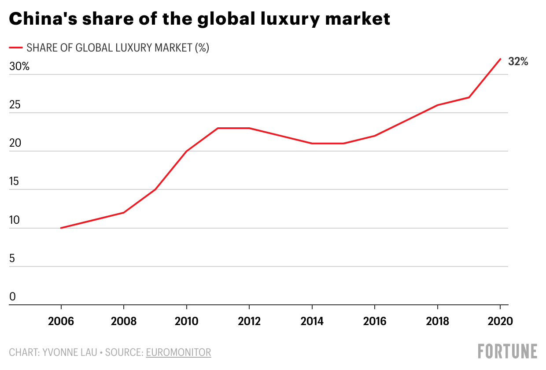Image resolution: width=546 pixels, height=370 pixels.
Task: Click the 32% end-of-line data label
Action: (518, 62)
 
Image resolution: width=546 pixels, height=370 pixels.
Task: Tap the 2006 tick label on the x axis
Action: (61, 321)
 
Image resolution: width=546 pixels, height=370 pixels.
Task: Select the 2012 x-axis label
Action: (249, 321)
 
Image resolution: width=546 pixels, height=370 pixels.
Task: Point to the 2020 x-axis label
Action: (500, 321)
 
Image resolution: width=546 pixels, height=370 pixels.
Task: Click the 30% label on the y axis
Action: (19, 67)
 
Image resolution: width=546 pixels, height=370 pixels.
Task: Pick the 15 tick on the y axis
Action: (15, 181)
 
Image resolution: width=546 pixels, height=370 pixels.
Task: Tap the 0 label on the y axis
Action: (12, 297)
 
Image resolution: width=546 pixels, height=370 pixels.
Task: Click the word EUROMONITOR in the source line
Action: (178, 352)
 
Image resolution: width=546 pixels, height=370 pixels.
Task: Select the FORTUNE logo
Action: (508, 351)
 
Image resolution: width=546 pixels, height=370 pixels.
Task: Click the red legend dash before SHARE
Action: (16, 48)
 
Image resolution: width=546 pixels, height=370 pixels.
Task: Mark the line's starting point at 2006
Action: (61, 228)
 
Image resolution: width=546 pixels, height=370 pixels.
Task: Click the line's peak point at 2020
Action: (500, 59)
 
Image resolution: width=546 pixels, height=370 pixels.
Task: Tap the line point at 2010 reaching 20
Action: (187, 151)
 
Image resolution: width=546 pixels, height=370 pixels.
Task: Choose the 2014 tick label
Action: (312, 321)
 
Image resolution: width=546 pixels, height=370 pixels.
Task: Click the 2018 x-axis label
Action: (437, 321)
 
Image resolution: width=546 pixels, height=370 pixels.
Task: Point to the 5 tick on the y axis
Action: (12, 258)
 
